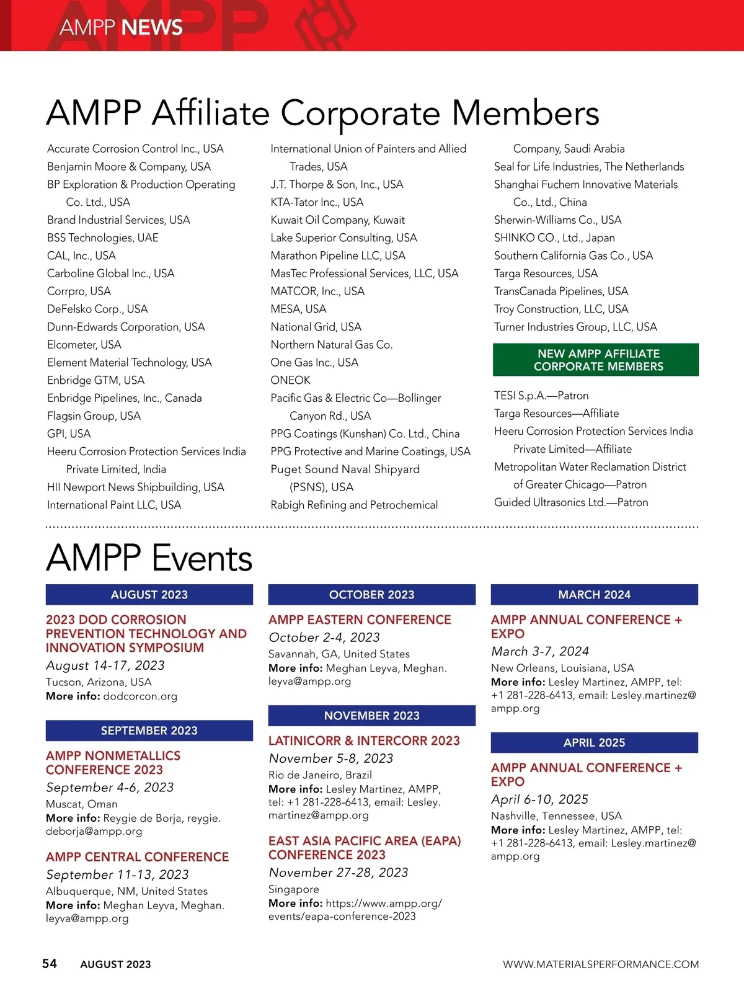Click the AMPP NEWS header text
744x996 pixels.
pos(122,27)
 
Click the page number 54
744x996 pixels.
pos(50,963)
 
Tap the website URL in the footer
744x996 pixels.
pos(600,964)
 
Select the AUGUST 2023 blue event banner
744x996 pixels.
pos(149,595)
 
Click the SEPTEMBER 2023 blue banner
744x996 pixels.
pos(149,731)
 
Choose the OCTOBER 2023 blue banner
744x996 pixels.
pos(372,595)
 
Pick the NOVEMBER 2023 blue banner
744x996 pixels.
pos(372,716)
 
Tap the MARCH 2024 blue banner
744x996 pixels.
pos(595,595)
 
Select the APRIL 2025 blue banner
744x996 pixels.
pos(595,742)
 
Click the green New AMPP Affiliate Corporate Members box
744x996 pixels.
pos(596,360)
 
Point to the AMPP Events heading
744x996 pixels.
pos(149,558)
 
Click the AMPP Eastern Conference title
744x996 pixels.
pos(360,620)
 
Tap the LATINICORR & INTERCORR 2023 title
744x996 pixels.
pos(364,740)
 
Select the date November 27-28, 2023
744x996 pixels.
pos(339,873)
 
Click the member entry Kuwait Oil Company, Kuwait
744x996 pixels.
pos(338,220)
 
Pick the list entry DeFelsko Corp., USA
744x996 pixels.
pos(97,309)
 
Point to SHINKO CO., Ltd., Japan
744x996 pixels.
pos(554,238)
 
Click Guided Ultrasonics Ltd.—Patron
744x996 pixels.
pos(571,502)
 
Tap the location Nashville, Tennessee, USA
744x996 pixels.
pos(556,816)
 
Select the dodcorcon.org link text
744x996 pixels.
pos(140,696)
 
